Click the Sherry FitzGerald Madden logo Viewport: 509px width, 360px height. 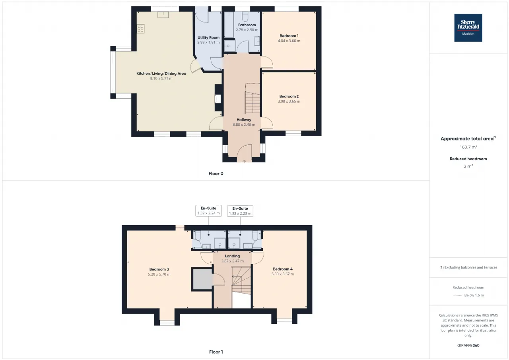(x=468, y=28)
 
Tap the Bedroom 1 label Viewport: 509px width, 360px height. (x=289, y=36)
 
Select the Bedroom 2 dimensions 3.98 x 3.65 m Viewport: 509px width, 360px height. (x=289, y=101)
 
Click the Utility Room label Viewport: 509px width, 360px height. (x=208, y=37)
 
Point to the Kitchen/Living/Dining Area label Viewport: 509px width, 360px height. (x=161, y=74)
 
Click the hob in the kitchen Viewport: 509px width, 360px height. (x=140, y=29)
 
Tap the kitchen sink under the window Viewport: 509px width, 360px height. (x=163, y=15)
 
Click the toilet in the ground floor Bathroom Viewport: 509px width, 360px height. (x=245, y=16)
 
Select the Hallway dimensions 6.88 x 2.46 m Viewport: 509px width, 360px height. (x=244, y=125)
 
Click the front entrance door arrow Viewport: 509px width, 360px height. (x=244, y=161)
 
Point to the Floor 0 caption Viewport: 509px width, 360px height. (x=216, y=174)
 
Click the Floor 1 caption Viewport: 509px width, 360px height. (x=216, y=352)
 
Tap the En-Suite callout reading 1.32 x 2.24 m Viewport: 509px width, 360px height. (x=208, y=211)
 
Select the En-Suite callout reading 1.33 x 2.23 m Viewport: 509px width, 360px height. (x=240, y=211)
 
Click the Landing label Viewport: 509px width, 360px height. (x=232, y=256)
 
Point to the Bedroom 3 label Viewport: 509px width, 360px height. (x=159, y=269)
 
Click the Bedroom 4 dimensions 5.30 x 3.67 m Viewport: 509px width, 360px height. (x=282, y=274)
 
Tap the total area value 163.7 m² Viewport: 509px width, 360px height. (x=468, y=147)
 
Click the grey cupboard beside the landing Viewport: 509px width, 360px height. (x=202, y=279)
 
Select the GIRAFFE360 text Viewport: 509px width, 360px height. (x=468, y=345)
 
